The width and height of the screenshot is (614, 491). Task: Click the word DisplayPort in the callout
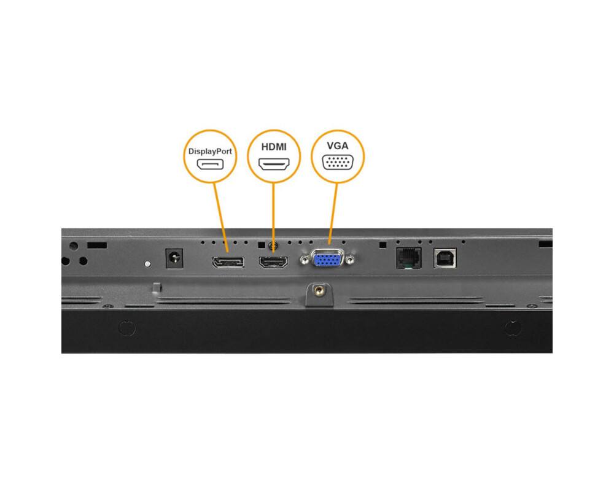210,150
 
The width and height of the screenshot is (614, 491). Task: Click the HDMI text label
274,147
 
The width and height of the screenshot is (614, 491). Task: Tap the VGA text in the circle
337,146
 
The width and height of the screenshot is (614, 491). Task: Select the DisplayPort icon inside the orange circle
210,164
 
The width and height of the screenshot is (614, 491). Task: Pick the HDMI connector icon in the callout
274,164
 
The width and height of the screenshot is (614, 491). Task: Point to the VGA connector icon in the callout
337,162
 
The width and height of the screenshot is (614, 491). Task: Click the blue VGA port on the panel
328,260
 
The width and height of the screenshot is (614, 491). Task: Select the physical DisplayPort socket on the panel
228,263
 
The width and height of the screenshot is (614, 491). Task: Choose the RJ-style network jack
409,258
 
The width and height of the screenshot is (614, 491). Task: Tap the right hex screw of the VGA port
350,261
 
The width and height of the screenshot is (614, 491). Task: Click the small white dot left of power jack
147,265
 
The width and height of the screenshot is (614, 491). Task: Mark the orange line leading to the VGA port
333,212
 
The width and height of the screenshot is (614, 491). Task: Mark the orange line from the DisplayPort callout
219,215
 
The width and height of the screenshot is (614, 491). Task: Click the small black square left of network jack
383,244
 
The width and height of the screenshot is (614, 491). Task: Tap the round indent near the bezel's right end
512,328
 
